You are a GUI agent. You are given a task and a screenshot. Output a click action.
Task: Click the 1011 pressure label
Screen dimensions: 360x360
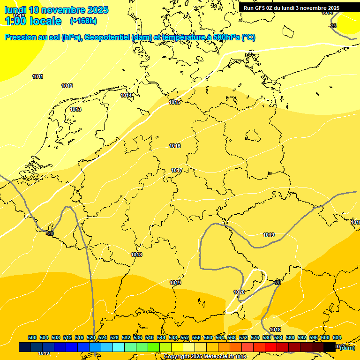click(38, 76)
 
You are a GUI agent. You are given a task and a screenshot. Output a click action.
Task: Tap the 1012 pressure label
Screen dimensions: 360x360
click(67, 86)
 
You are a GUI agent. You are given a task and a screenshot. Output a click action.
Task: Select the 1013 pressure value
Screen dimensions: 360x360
click(75, 109)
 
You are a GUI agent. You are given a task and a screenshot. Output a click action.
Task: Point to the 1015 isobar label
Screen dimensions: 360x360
click(174, 102)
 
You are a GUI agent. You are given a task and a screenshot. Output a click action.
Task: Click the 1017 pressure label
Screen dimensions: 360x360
click(177, 170)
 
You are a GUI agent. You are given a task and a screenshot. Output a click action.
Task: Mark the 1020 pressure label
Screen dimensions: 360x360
click(239, 292)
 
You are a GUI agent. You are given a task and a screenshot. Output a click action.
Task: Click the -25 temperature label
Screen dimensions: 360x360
click(332, 26)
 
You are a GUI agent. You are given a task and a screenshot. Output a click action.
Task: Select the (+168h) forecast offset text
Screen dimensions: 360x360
click(83, 21)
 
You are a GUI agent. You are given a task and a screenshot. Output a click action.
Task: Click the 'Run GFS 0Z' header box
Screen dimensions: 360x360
click(292, 8)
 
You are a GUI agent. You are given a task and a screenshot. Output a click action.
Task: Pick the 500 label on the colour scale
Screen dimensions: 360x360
click(32, 338)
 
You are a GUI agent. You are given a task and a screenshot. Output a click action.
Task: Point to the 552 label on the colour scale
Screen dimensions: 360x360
click(185, 338)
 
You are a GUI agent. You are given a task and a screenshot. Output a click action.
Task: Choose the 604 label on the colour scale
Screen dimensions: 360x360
click(337, 338)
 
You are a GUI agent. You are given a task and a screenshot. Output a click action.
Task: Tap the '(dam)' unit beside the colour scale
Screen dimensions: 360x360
click(347, 347)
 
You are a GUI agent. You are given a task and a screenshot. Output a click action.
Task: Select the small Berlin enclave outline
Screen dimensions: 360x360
click(253, 136)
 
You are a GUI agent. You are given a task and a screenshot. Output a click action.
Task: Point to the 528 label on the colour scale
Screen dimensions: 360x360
click(114, 338)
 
